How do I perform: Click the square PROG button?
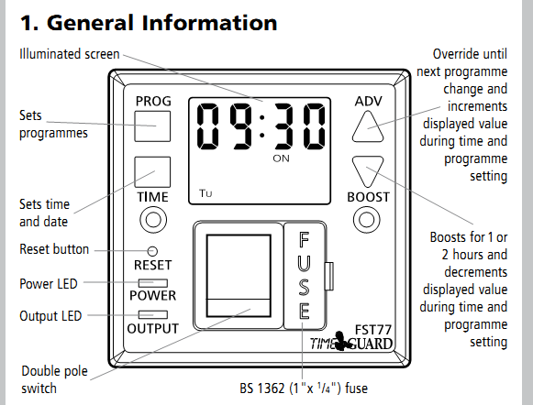(152, 126)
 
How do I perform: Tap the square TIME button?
(152, 171)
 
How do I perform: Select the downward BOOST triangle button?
(368, 170)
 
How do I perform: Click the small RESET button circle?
(152, 251)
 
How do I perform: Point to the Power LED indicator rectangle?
(153, 283)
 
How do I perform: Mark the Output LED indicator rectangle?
(153, 314)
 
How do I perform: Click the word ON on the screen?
(281, 159)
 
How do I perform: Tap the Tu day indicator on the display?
(205, 193)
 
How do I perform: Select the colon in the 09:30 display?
(261, 126)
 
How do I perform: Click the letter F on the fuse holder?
(304, 239)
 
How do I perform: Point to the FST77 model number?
(372, 330)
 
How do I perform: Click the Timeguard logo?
(350, 343)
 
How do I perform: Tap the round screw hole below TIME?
(153, 219)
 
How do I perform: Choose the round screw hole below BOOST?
(366, 219)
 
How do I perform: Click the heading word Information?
(209, 23)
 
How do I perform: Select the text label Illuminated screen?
(70, 54)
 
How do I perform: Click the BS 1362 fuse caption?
(304, 388)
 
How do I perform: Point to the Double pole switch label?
(54, 379)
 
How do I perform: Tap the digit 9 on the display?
(241, 126)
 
